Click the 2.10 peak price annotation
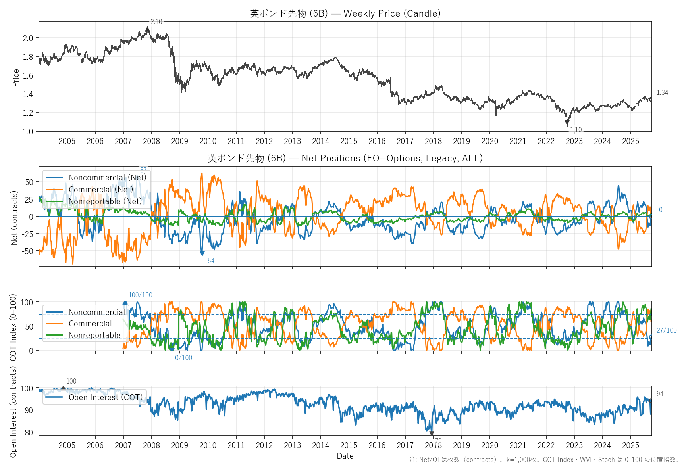click(x=156, y=22)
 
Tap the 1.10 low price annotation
click(x=576, y=130)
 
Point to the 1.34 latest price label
click(x=662, y=92)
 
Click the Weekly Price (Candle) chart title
click(x=345, y=13)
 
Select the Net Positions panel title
click(x=345, y=158)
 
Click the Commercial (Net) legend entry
click(x=101, y=190)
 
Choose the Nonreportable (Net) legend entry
click(x=105, y=201)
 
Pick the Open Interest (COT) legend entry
click(x=105, y=397)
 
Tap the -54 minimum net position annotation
click(x=210, y=261)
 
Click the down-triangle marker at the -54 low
click(x=202, y=253)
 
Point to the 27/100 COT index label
click(x=667, y=330)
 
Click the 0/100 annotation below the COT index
click(x=183, y=358)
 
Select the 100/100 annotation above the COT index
click(x=140, y=295)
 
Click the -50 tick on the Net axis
click(x=28, y=251)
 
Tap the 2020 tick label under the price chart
click(x=489, y=141)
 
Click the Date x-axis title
click(x=345, y=456)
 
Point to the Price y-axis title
click(x=16, y=78)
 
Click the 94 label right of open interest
click(x=660, y=394)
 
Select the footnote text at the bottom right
click(x=544, y=460)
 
